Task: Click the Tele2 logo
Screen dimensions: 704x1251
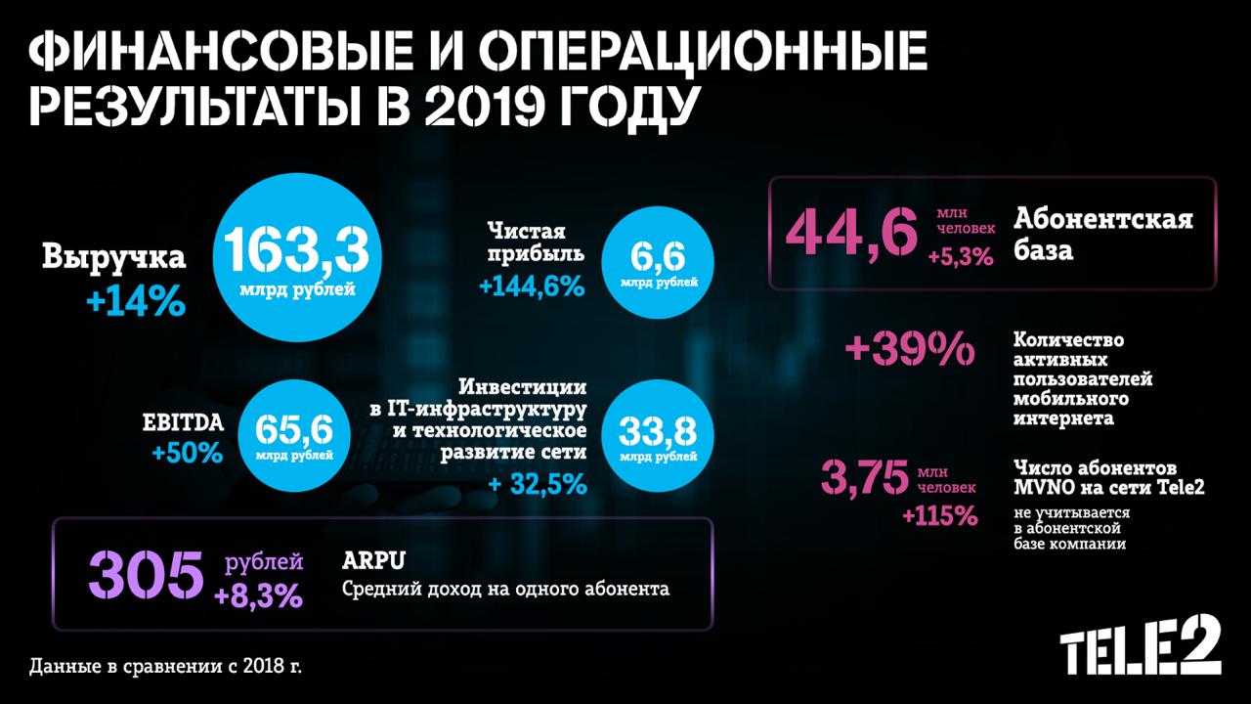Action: point(1141,644)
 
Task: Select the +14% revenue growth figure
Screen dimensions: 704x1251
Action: point(136,301)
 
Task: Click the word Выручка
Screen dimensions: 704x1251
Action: point(113,259)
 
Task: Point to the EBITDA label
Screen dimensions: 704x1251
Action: point(183,422)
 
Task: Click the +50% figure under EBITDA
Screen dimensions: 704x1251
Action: point(188,454)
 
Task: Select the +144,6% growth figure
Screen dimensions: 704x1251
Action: point(531,286)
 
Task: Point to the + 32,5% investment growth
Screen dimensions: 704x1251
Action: point(537,483)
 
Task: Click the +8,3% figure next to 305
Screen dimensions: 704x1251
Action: point(258,595)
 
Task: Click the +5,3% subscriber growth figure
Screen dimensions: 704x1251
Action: point(960,258)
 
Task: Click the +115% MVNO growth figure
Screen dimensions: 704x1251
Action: point(939,514)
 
